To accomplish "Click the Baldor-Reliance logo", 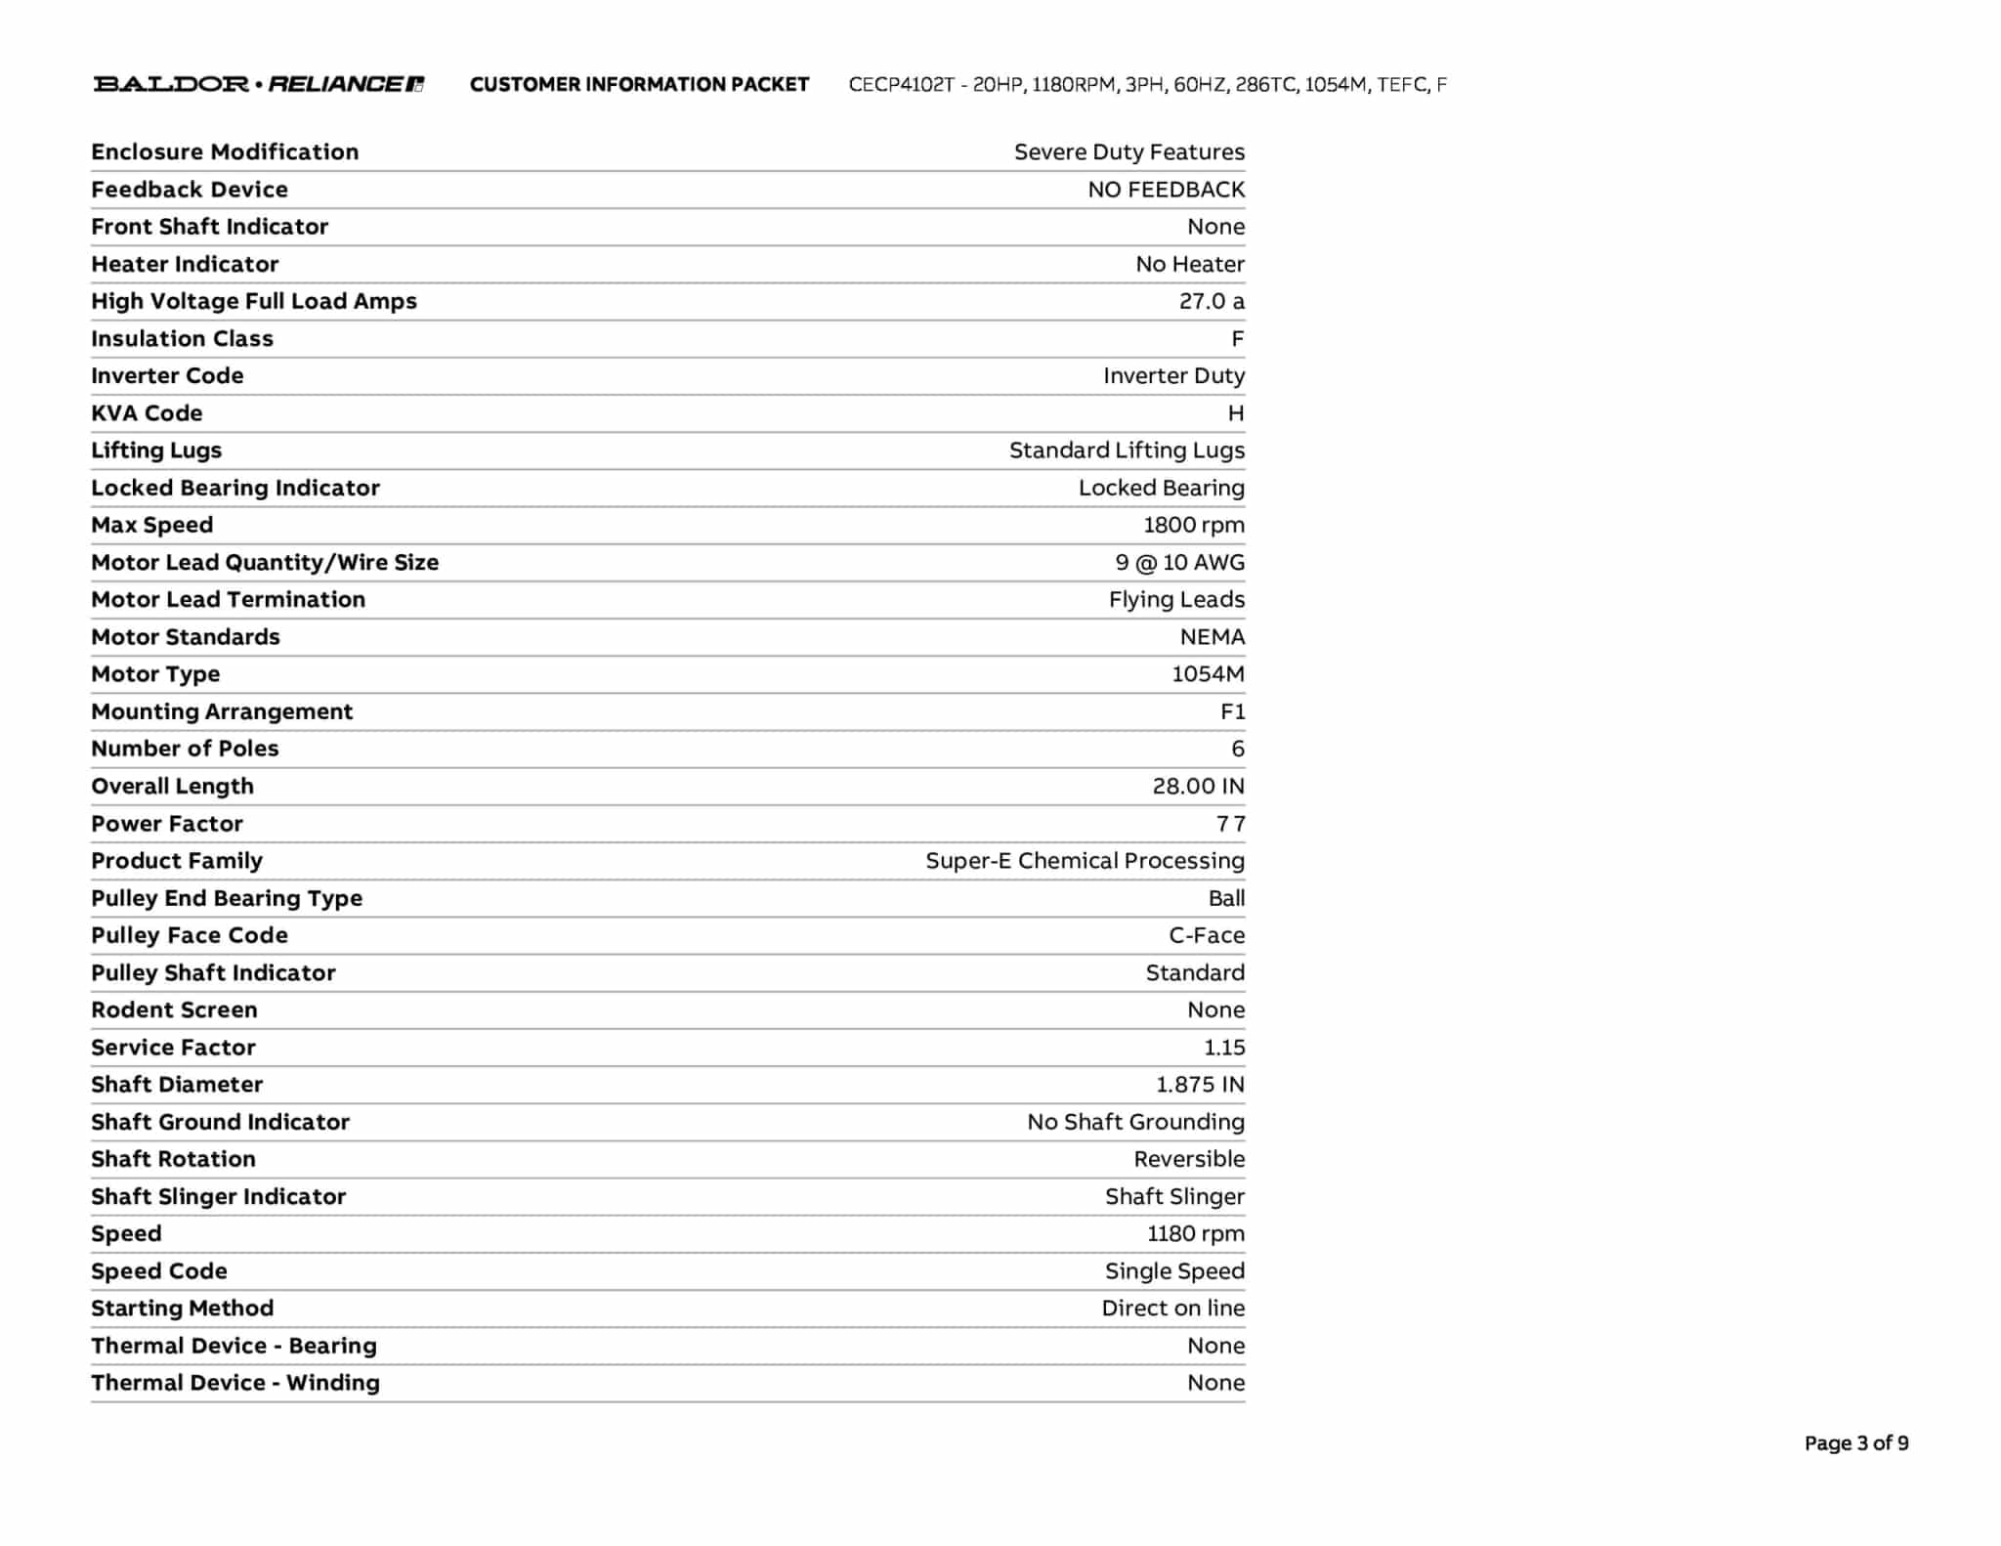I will [x=259, y=84].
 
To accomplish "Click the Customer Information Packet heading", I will [x=639, y=85].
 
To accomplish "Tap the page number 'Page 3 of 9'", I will [x=1855, y=1443].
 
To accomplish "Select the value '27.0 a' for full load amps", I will [x=1212, y=301].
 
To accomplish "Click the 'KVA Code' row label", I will [x=147, y=413].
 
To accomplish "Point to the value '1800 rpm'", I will [x=1194, y=525].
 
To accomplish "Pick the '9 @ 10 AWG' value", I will [x=1179, y=562].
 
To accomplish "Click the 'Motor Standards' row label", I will [x=186, y=637].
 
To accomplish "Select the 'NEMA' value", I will [x=1212, y=637].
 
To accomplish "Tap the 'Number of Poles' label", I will [x=185, y=749].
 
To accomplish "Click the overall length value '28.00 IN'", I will [x=1198, y=786].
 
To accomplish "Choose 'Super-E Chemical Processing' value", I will [x=1085, y=861].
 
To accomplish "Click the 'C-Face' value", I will [x=1207, y=935].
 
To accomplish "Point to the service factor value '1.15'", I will [x=1224, y=1048].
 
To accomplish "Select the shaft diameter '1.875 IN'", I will [x=1200, y=1085].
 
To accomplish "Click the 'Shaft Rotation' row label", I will [x=173, y=1159].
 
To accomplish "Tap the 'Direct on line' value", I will [x=1172, y=1309].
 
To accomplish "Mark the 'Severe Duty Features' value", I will [x=1128, y=152].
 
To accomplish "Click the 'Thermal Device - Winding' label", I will [x=235, y=1383].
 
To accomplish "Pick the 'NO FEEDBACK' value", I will [x=1166, y=190].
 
